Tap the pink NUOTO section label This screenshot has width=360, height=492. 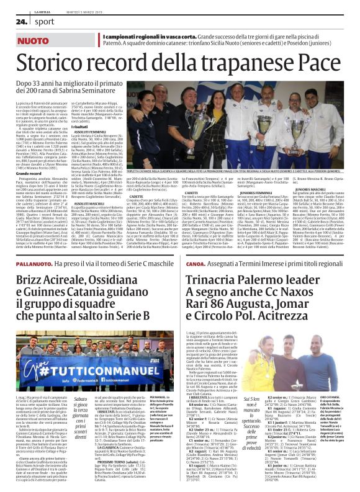click(x=35, y=40)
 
